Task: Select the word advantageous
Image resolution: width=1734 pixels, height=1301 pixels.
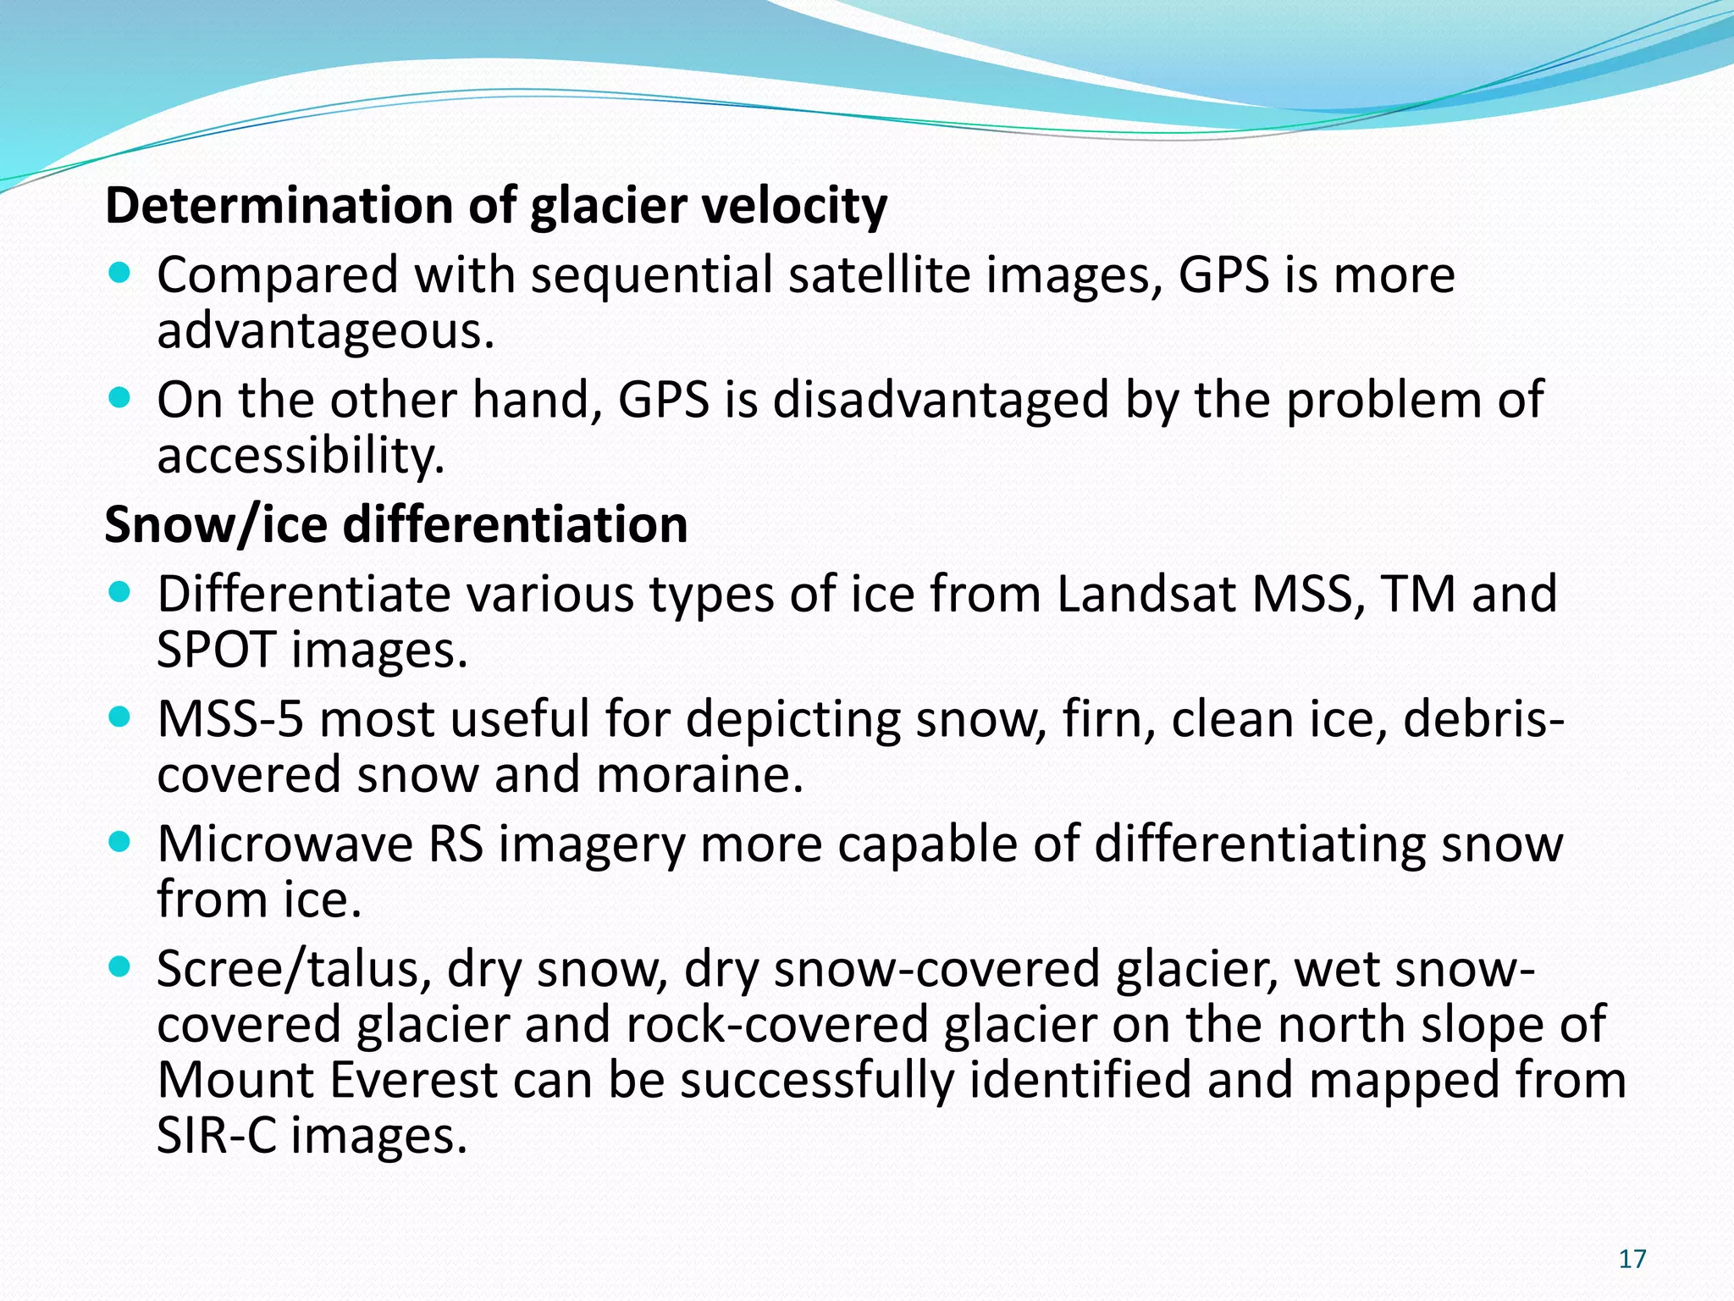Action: click(325, 331)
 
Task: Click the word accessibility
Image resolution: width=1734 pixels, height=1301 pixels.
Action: click(301, 456)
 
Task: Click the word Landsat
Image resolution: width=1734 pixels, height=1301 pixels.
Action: click(1146, 594)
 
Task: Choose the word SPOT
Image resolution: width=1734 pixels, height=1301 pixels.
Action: click(216, 650)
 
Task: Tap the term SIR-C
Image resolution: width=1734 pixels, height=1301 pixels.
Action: click(216, 1136)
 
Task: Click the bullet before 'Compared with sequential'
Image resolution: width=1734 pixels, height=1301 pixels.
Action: click(121, 274)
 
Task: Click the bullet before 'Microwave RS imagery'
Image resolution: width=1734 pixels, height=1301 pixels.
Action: click(121, 843)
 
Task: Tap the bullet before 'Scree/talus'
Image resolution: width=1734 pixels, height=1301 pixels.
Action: click(121, 967)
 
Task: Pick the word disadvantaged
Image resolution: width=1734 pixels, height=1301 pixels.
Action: click(941, 400)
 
